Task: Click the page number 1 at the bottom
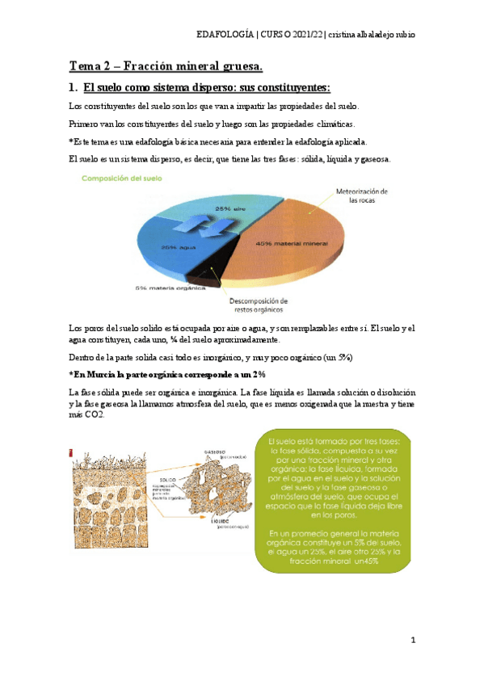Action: (x=413, y=641)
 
